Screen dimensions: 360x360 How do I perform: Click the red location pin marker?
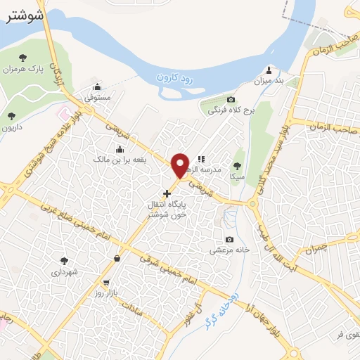pyautogui.click(x=181, y=165)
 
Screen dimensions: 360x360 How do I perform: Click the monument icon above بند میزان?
pyautogui.click(x=269, y=70)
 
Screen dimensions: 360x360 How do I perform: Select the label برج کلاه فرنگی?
pyautogui.click(x=230, y=110)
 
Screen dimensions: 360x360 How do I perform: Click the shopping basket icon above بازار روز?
pyautogui.click(x=115, y=260)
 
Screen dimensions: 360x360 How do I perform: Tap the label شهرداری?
pyautogui.click(x=65, y=271)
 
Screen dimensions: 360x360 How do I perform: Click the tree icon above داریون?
pyautogui.click(x=11, y=116)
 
